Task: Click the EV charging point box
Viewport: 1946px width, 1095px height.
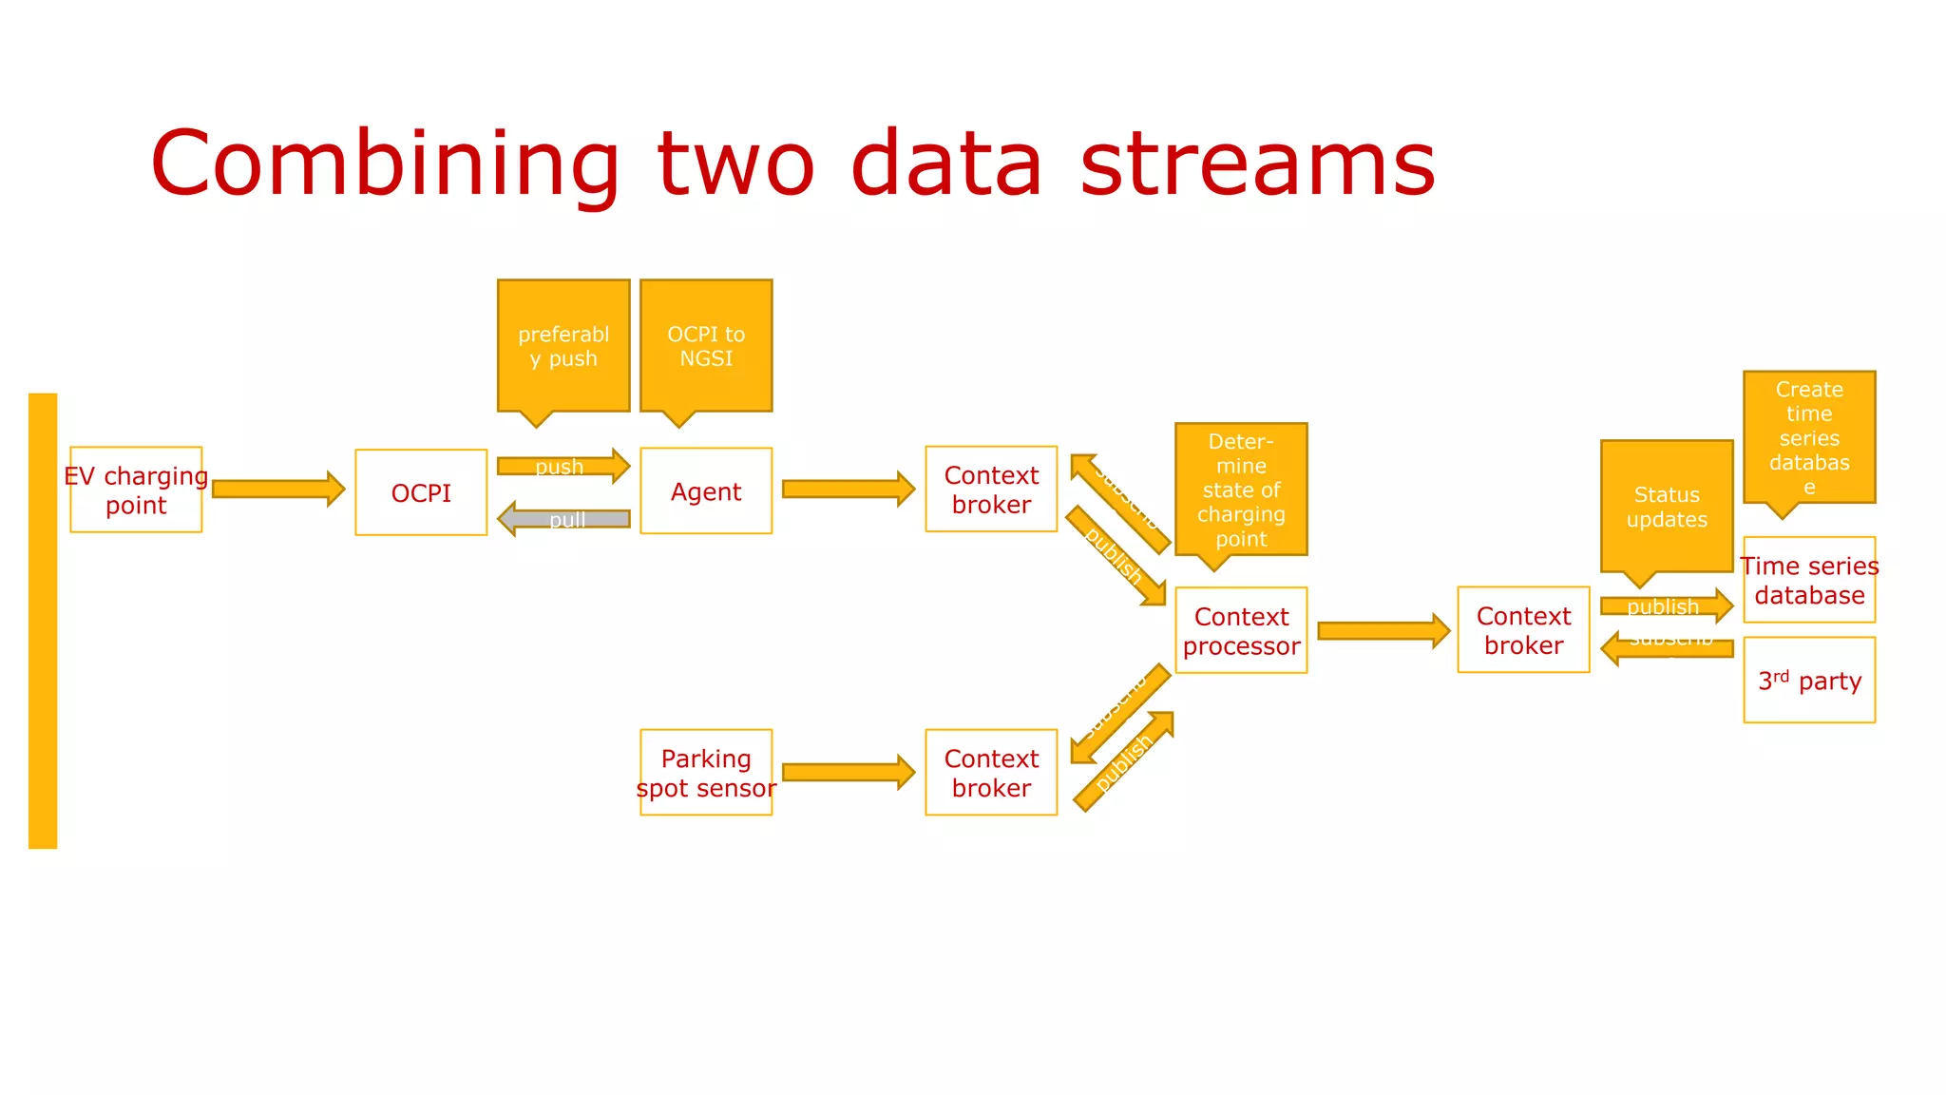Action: (136, 490)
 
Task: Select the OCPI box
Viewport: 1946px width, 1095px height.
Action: (421, 492)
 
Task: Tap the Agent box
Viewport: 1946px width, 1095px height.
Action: (706, 490)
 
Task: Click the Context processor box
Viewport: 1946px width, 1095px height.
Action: (1241, 630)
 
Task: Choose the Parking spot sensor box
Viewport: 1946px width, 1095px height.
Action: (706, 772)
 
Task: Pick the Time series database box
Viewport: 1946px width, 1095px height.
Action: (1809, 580)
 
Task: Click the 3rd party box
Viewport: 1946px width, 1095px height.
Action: (1809, 681)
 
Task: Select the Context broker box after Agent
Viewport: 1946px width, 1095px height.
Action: (991, 489)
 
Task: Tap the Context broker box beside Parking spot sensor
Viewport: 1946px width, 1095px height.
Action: (991, 772)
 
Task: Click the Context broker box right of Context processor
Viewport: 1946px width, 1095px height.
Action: (1523, 629)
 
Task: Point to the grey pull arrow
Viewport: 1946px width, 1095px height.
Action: (563, 519)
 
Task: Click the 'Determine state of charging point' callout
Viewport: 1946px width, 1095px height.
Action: (1241, 489)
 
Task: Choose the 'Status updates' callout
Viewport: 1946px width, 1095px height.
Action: (1667, 507)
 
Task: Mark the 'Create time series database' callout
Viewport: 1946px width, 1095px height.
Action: (1809, 437)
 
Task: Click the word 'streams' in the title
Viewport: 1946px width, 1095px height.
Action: (1257, 163)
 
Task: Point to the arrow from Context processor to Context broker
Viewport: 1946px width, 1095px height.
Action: (1383, 630)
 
